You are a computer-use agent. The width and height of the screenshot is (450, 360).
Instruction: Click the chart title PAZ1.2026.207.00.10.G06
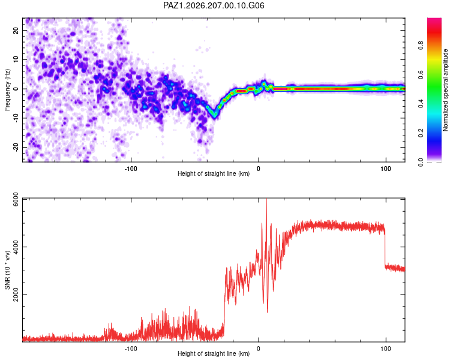(214, 5)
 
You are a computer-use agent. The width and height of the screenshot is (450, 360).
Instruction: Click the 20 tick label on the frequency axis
(16, 31)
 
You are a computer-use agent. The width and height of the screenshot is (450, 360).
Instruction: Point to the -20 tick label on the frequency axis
(16, 148)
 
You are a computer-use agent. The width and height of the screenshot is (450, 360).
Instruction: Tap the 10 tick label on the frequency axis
(16, 59)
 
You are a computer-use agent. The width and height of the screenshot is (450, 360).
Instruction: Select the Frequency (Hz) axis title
(7, 90)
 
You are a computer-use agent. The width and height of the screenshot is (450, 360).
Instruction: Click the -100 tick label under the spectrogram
(131, 169)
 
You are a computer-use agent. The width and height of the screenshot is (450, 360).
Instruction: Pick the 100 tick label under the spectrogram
(386, 169)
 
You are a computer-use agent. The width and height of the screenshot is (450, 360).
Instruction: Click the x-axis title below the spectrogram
(214, 173)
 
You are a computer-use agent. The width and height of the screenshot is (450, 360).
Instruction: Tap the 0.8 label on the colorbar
(421, 45)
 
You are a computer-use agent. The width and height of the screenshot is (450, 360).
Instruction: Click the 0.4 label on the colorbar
(421, 104)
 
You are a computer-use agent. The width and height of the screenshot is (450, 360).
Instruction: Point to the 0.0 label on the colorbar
(421, 162)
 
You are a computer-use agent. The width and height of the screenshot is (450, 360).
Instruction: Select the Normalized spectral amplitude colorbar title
(445, 90)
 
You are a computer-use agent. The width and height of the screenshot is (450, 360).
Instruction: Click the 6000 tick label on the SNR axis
(16, 199)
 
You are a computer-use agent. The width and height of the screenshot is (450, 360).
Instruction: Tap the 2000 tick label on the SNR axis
(16, 295)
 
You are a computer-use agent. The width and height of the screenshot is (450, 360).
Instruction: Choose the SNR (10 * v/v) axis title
(7, 270)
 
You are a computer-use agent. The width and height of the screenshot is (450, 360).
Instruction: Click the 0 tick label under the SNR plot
(258, 349)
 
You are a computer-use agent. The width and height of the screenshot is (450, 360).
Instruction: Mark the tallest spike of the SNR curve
(266, 199)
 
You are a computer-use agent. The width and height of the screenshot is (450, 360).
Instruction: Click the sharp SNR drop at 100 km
(385, 247)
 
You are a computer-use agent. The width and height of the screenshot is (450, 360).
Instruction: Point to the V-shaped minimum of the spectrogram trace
(214, 115)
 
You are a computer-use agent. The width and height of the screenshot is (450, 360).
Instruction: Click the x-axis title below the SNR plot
(214, 353)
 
